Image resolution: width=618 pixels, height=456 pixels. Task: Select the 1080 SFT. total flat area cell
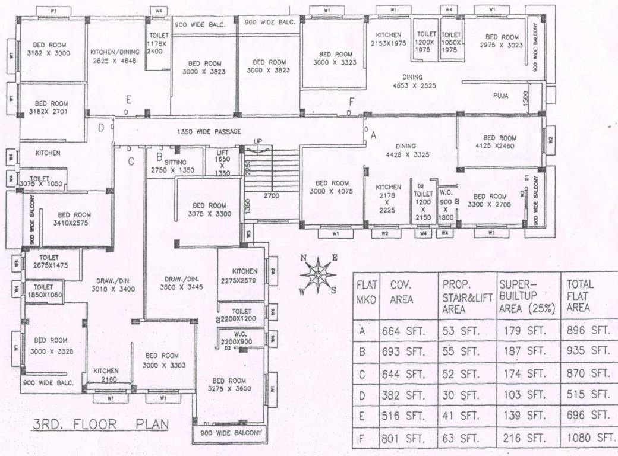(590, 438)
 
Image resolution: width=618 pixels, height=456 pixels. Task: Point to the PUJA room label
(500, 96)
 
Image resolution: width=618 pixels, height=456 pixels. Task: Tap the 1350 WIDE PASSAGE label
(210, 132)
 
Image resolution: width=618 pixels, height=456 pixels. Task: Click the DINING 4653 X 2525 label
(411, 81)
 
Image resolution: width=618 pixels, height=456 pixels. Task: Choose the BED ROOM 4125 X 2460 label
(500, 141)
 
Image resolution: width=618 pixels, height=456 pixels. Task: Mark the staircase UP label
(258, 141)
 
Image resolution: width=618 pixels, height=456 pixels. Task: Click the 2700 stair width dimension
(272, 195)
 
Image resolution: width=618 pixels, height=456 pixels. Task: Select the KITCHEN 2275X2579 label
(241, 275)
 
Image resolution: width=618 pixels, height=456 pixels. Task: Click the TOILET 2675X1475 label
(51, 262)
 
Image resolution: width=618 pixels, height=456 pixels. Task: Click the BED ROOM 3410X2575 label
(74, 219)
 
